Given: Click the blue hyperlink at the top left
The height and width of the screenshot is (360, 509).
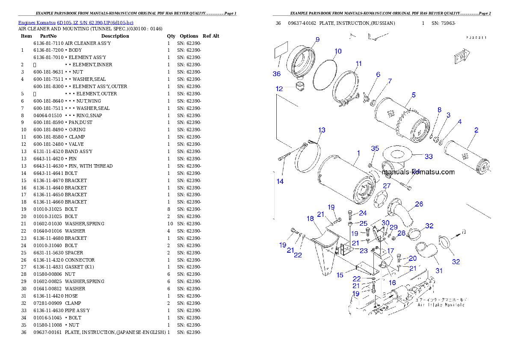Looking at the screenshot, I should pyautogui.click(x=75, y=23).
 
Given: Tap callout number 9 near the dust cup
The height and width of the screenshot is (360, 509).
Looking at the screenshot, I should pyautogui.click(x=317, y=40).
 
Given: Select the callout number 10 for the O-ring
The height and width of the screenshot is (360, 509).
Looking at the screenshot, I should pyautogui.click(x=338, y=51).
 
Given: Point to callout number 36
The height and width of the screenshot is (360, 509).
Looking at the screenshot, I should pyautogui.click(x=276, y=74).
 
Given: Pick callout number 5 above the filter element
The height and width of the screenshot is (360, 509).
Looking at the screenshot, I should pyautogui.click(x=414, y=95).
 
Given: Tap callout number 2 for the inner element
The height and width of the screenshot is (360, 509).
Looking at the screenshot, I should pyautogui.click(x=476, y=130).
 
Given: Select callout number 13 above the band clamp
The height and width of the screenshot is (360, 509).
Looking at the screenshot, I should pyautogui.click(x=322, y=130).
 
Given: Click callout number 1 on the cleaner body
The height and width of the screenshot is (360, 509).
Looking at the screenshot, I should pyautogui.click(x=358, y=153).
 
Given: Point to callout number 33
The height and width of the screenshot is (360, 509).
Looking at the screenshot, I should pyautogui.click(x=429, y=156).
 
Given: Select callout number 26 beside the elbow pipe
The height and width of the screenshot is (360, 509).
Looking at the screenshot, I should pyautogui.click(x=419, y=204).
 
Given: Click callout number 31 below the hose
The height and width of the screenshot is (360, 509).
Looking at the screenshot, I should pyautogui.click(x=439, y=271).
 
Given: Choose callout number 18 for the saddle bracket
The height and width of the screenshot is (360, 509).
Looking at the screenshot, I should pyautogui.click(x=310, y=218).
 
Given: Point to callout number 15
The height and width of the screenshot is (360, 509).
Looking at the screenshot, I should pyautogui.click(x=340, y=275).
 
